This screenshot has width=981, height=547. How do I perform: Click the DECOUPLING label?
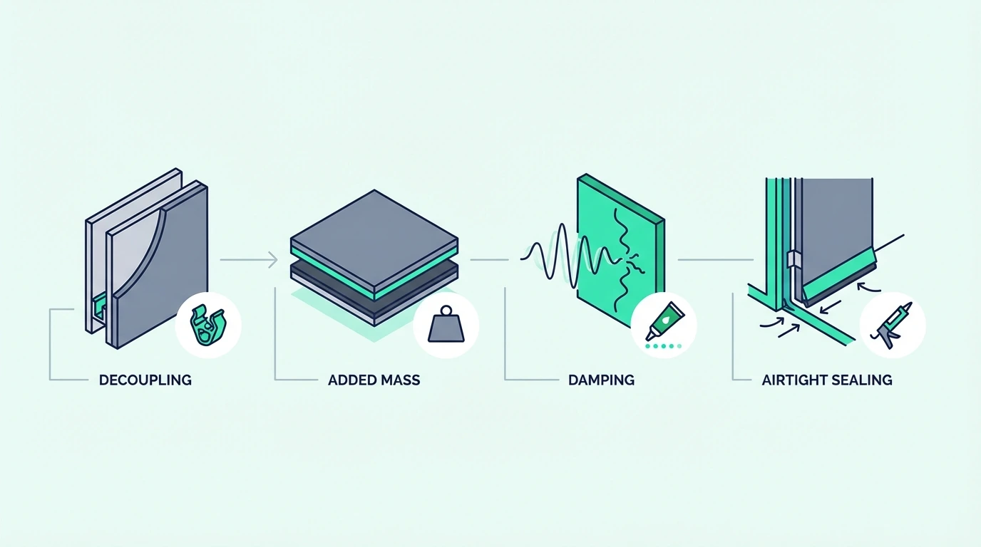(145, 380)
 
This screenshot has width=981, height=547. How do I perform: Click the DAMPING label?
(601, 380)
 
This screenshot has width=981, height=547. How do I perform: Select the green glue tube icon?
(664, 321)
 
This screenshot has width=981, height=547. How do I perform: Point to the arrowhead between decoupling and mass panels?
(273, 260)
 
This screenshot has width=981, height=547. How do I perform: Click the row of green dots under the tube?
(664, 346)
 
